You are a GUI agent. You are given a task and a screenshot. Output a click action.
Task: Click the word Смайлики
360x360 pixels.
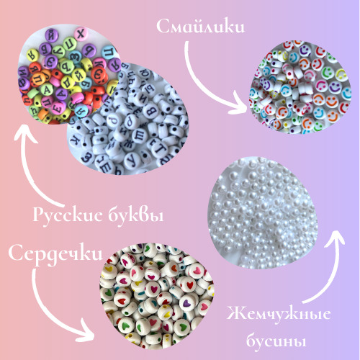coord(201,27)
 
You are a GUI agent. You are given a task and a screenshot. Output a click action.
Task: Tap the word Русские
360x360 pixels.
coord(68,215)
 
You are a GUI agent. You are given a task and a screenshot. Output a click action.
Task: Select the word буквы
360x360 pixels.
coord(136,215)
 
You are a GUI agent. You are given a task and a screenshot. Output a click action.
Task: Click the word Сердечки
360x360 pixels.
coord(55,254)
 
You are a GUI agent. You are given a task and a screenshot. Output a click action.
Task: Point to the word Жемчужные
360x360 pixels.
coord(279,314)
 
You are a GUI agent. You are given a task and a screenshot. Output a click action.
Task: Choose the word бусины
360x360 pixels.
coord(276,341)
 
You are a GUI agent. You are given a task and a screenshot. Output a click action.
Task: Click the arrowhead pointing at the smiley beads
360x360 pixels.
coord(240,105)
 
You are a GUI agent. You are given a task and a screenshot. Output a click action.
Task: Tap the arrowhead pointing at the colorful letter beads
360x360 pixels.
coord(25,134)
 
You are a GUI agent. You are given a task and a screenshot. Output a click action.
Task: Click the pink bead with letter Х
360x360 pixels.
coord(81,34)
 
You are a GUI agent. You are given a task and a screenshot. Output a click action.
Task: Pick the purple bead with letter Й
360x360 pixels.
coord(51,36)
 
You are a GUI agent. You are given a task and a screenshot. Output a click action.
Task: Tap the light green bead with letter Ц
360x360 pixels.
coord(70,44)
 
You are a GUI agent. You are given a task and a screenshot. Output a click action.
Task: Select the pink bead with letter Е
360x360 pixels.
coord(58,107)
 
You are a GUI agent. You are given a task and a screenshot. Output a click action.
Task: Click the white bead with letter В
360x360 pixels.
coord(150,111)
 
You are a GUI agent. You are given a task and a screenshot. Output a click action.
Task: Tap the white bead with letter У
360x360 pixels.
coord(132,161)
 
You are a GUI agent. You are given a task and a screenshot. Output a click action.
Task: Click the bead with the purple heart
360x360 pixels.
coord(187,303)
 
